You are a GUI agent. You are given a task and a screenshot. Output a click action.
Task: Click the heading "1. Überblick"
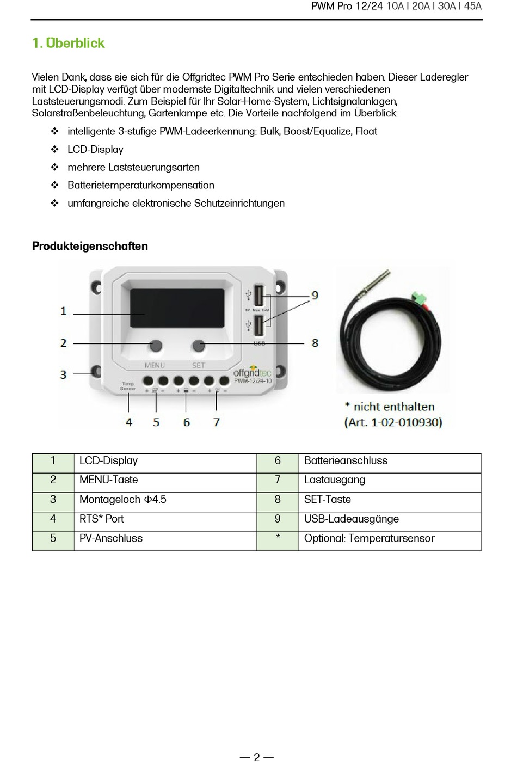(x=69, y=43)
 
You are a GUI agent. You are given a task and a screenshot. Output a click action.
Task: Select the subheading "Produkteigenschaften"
(x=90, y=246)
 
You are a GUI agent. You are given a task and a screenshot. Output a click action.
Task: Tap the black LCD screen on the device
(x=177, y=308)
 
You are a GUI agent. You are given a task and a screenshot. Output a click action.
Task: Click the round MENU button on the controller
(x=156, y=345)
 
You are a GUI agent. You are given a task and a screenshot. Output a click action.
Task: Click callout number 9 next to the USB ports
(x=315, y=296)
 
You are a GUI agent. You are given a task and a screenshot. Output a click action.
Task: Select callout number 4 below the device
(x=129, y=422)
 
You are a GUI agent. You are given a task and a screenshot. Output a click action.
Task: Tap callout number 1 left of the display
(x=64, y=311)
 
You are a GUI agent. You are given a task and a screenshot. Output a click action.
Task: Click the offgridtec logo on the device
(x=252, y=372)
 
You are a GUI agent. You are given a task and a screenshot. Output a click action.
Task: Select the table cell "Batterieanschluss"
(x=346, y=460)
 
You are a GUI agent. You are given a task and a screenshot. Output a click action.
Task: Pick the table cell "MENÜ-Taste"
(x=109, y=480)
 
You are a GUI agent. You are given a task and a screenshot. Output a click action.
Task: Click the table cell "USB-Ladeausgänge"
(x=351, y=519)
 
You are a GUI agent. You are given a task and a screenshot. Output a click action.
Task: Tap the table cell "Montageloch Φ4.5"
(x=123, y=500)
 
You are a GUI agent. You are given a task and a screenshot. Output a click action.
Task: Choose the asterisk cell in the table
(x=278, y=538)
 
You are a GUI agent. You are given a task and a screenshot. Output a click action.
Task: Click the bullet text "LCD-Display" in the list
(x=95, y=149)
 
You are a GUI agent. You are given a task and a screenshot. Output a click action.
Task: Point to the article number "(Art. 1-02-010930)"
(x=393, y=422)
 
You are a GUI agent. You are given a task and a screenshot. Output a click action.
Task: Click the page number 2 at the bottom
(x=257, y=757)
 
